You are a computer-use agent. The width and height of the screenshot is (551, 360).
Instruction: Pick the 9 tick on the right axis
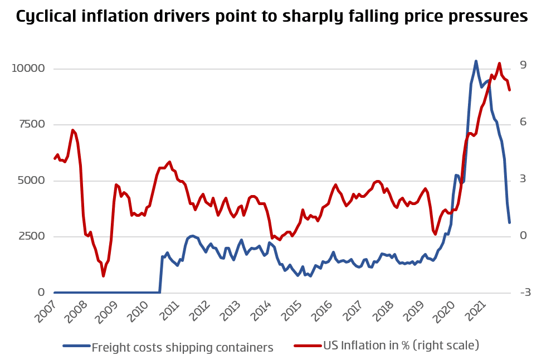coord(523,65)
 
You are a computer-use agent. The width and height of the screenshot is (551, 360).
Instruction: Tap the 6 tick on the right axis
coord(523,122)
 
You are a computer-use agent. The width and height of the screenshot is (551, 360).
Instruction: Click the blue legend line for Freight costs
coord(76,346)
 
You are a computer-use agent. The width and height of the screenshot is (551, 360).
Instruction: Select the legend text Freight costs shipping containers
coord(182,348)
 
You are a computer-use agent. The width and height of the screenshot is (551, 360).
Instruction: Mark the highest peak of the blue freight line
coord(476,61)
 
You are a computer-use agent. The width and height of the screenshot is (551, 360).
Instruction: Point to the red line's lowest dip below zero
coord(103,276)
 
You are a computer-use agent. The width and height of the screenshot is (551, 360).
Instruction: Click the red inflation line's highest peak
coord(499,63)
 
